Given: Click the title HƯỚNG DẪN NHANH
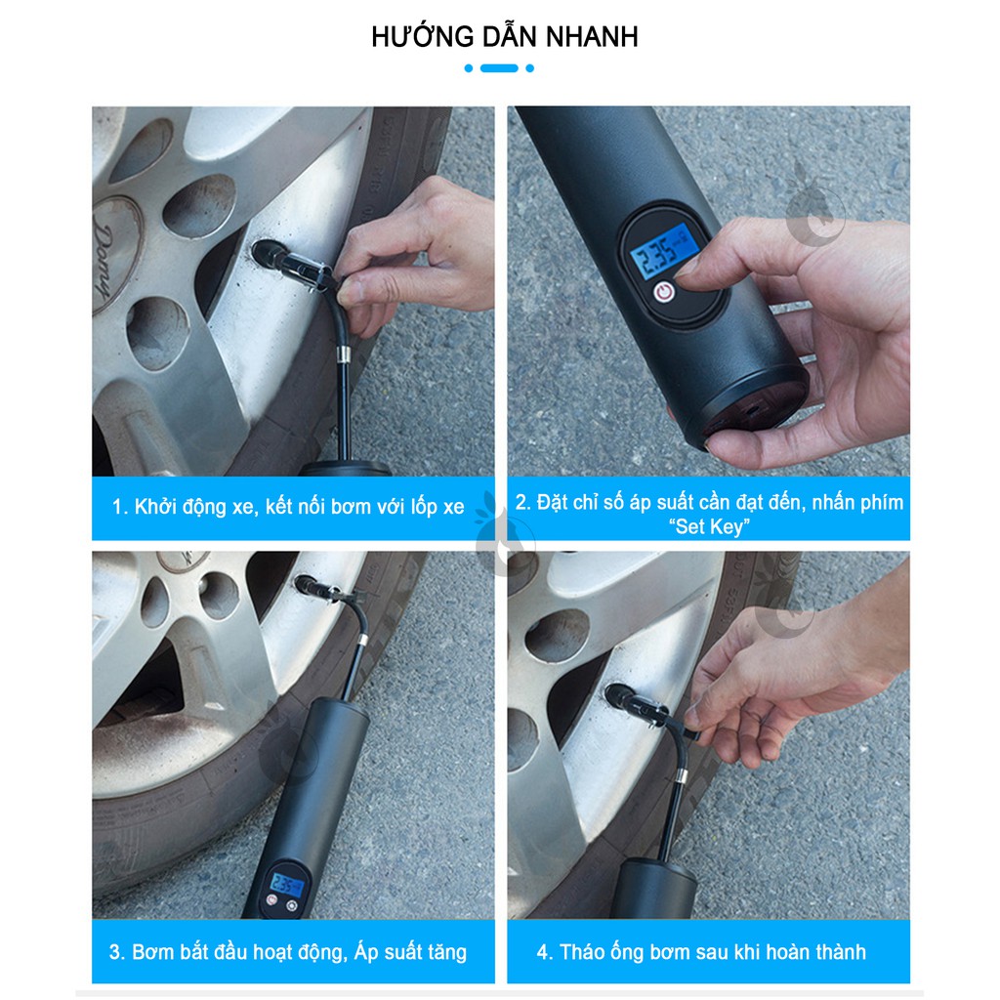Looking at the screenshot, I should [x=504, y=37].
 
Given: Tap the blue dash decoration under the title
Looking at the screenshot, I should [x=499, y=68].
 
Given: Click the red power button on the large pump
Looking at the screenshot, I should [x=663, y=291].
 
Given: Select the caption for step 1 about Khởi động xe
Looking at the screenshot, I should [x=288, y=507].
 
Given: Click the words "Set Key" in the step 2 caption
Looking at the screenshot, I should [x=709, y=527].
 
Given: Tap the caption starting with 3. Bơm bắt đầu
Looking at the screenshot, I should [x=288, y=951].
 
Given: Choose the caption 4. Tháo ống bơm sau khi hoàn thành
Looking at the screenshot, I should [x=701, y=951].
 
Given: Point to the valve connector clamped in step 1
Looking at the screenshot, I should [x=293, y=264].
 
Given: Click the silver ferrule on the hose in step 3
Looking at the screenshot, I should [x=359, y=640].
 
